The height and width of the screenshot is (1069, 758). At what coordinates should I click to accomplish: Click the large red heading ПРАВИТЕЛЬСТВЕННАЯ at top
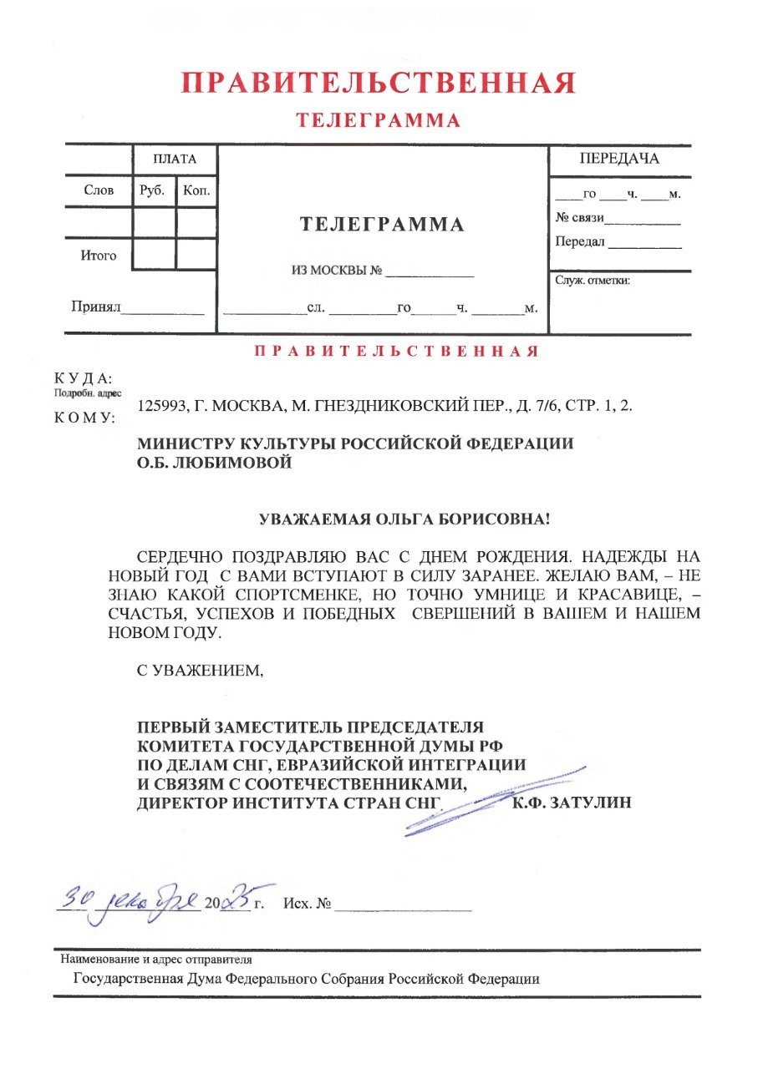pos(379,84)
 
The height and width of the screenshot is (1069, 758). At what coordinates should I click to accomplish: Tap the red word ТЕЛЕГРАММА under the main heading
pos(379,121)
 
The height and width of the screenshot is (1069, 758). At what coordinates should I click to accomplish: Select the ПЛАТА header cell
pos(174,159)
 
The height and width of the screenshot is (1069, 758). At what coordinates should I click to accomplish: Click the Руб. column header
pos(153,191)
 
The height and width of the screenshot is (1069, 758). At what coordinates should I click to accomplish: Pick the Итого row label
pos(98,256)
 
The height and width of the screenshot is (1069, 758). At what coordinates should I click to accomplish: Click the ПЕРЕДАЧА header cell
pos(619,159)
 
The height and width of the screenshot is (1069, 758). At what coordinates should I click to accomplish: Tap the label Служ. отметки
pos(593,281)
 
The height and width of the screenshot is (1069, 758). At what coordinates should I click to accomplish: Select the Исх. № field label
pos(308,905)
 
